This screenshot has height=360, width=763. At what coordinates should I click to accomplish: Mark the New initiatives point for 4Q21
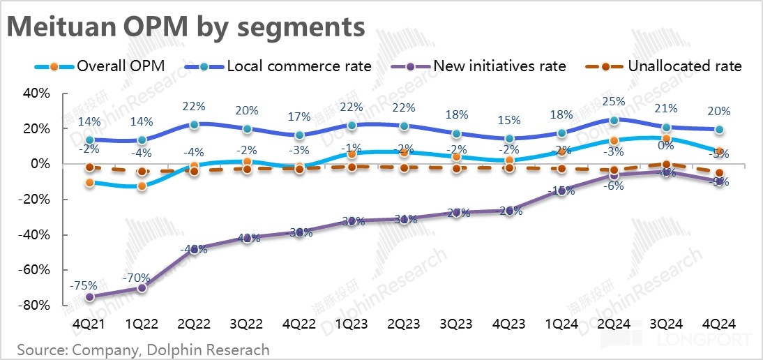[89, 297]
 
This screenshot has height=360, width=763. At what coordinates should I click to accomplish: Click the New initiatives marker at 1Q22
[142, 287]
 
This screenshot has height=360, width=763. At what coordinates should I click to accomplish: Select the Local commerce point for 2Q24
[614, 121]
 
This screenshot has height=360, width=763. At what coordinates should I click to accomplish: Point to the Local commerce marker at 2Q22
[194, 124]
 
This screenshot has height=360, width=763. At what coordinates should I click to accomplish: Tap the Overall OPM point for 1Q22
[142, 186]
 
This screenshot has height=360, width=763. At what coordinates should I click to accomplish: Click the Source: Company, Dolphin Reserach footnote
[143, 349]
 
